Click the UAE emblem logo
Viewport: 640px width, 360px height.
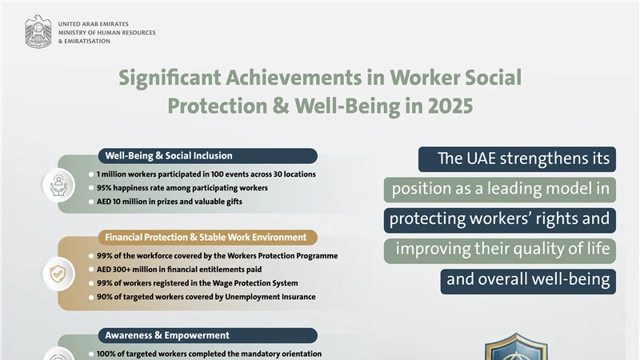[38, 33]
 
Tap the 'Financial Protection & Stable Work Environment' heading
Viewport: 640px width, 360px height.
[206, 238]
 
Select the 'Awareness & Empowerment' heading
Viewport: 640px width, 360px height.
[167, 335]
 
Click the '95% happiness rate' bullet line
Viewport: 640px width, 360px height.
[182, 187]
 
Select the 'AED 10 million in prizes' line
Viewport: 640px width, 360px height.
[169, 201]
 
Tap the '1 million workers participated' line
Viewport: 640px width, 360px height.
[206, 174]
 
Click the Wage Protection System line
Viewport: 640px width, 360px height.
[197, 283]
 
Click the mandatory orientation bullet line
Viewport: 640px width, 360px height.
[209, 353]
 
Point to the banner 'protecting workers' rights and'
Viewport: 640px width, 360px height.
[499, 219]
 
